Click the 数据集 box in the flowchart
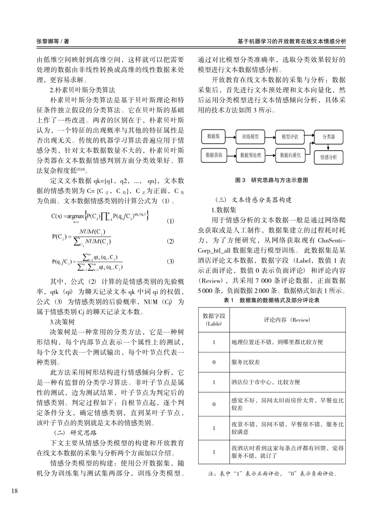213,137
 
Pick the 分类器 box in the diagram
329,137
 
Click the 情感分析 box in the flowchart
329,157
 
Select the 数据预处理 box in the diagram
251,155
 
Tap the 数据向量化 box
290,155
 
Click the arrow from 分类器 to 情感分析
329,147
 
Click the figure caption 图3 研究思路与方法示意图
271,180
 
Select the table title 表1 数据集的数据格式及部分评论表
271,300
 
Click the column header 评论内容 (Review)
287,320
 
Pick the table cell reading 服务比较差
246,362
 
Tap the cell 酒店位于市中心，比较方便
266,382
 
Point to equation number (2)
170,241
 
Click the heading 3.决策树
62,322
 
